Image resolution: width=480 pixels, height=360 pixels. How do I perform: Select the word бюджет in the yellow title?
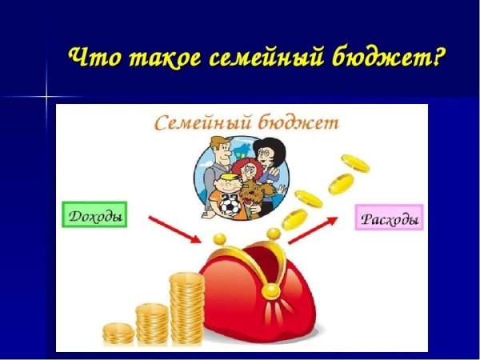[x=377, y=58]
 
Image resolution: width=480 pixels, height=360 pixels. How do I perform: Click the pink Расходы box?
[x=389, y=218]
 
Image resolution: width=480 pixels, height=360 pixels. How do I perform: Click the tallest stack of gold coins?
[x=187, y=308]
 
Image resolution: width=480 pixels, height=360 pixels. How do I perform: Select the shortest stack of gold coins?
[x=118, y=332]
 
